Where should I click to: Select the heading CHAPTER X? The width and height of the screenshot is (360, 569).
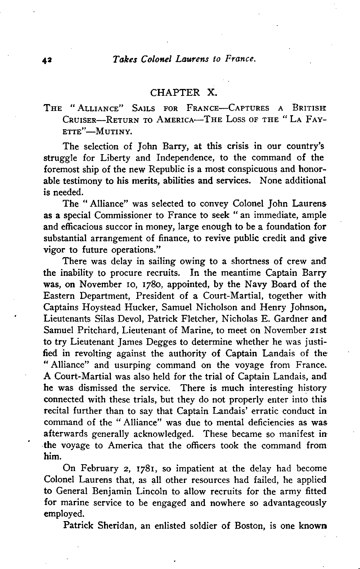[x=183, y=93]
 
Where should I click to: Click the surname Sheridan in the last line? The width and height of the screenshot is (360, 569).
[x=114, y=526]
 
